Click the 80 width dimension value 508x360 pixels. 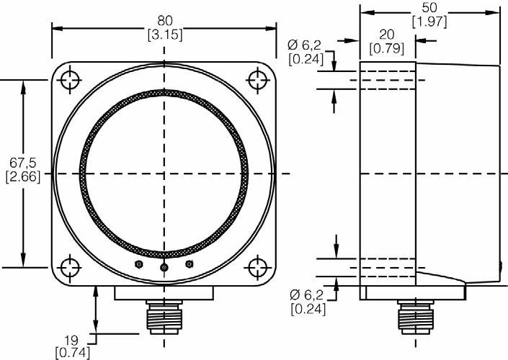coord(164,21)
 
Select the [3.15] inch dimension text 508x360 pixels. coord(164,33)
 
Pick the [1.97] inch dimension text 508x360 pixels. coord(429,22)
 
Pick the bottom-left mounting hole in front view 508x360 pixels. coord(69,267)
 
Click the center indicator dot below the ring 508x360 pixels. coord(164,268)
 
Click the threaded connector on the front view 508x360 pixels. coord(164,318)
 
